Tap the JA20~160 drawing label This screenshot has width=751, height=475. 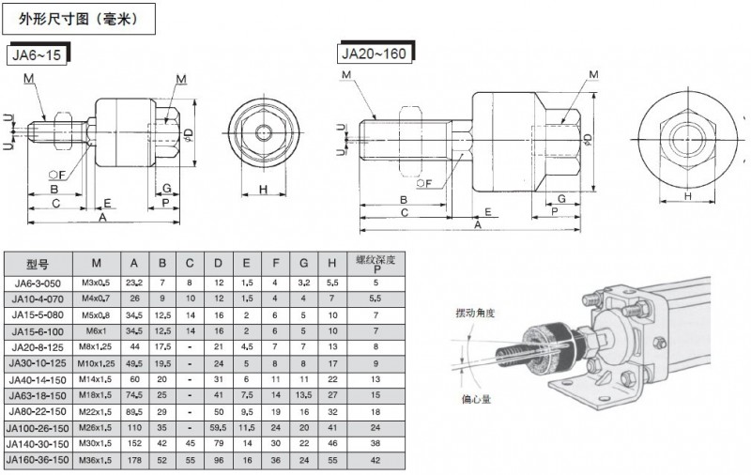tap(373, 54)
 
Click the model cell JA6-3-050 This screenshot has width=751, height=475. tap(38, 281)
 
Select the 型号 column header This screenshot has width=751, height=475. tap(38, 263)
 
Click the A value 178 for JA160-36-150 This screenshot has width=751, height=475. tap(134, 460)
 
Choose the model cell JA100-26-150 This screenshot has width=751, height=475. tap(38, 427)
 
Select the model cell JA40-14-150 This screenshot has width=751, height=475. tap(38, 378)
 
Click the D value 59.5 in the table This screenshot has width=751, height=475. tap(218, 427)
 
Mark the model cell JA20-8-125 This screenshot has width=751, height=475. tap(38, 345)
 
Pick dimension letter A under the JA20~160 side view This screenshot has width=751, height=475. tap(478, 225)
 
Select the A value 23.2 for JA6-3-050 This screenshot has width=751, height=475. tap(134, 281)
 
